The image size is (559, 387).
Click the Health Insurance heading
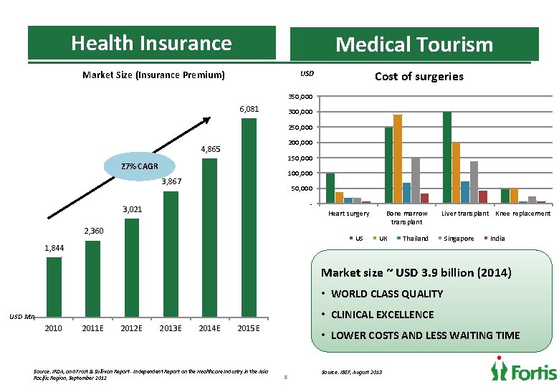(x=151, y=43)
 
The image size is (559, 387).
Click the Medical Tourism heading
(x=414, y=44)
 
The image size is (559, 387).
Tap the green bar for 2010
(x=54, y=286)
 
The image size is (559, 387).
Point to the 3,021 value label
(x=132, y=209)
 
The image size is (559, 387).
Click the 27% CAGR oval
(x=140, y=166)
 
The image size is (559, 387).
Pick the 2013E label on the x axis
(x=171, y=328)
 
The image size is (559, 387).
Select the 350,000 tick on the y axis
(x=300, y=97)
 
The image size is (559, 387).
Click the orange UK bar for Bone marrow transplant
(x=398, y=159)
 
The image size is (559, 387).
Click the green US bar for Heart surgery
(x=330, y=188)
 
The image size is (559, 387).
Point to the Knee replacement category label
(x=523, y=214)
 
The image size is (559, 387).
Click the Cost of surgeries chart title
(x=419, y=77)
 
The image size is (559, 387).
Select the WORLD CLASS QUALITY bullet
(x=387, y=294)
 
